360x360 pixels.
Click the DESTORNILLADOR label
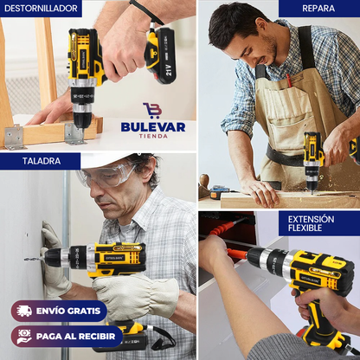point(41,9)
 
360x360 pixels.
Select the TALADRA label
point(41,160)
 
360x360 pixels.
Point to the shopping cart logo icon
point(152,110)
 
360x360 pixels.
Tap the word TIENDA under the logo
point(152,138)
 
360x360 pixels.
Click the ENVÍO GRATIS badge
point(59,311)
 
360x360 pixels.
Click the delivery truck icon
point(24,311)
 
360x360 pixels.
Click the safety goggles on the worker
point(108,176)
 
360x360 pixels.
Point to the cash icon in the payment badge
point(24,336)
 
